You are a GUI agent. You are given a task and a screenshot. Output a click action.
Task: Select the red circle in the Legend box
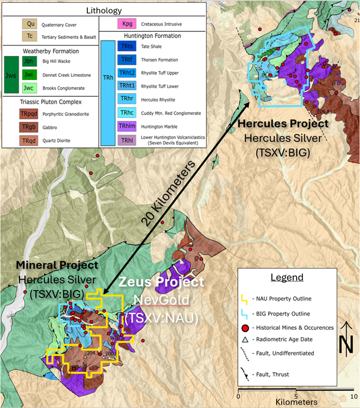(x=246, y=327)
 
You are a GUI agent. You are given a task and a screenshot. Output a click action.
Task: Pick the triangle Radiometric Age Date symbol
(x=246, y=340)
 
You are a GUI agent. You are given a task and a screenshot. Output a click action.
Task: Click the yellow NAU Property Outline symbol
(x=246, y=298)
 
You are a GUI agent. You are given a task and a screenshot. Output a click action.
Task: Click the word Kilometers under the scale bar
(x=295, y=402)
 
